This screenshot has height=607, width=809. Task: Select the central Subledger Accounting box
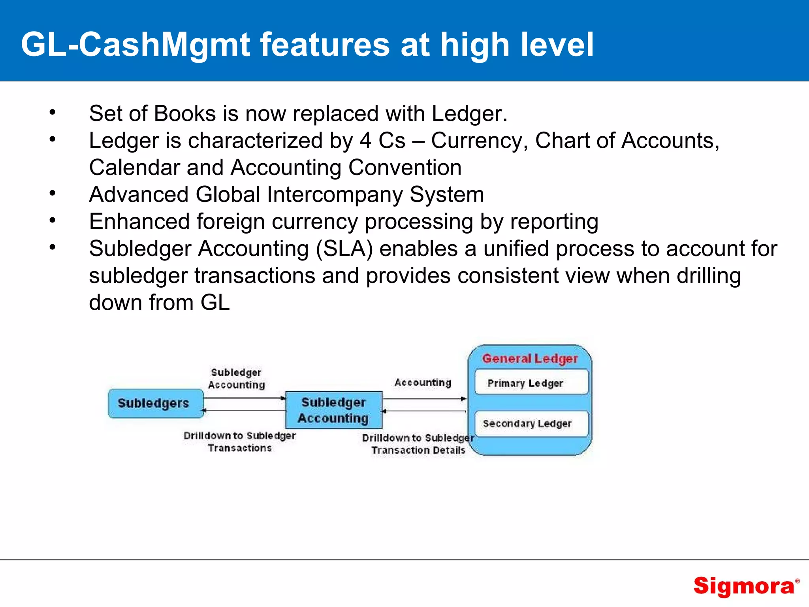(333, 410)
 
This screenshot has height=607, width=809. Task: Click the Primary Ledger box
(531, 383)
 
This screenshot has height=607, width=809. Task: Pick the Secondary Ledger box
(531, 424)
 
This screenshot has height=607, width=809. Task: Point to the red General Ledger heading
(530, 358)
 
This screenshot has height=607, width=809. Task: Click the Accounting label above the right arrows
(423, 383)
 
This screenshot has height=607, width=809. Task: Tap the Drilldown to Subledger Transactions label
(239, 441)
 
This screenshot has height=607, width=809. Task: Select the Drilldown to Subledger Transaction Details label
(418, 444)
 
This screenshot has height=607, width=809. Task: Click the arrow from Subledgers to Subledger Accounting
(245, 398)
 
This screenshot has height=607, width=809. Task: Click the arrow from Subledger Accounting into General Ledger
(425, 399)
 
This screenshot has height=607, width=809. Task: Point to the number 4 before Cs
(365, 141)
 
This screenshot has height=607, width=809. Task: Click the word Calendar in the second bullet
(134, 168)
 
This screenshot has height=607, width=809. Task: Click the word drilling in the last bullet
(709, 275)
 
